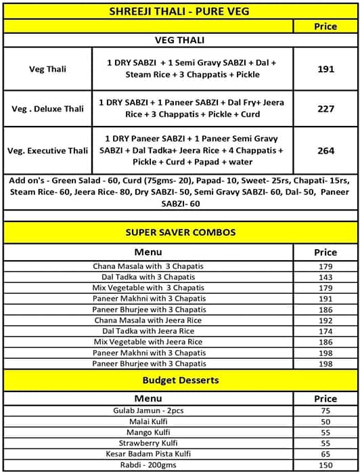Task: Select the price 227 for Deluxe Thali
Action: click(x=325, y=108)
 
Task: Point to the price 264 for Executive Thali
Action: click(x=325, y=150)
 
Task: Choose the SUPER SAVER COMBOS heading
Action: click(x=180, y=232)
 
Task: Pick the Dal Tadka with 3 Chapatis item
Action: click(x=148, y=277)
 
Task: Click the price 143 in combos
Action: click(x=325, y=277)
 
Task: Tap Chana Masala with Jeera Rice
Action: click(x=148, y=320)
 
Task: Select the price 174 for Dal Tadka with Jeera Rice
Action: click(x=325, y=331)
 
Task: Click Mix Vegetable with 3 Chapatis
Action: click(x=148, y=288)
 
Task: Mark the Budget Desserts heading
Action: click(x=180, y=380)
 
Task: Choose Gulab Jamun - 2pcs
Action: click(x=148, y=410)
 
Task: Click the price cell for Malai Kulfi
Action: click(x=325, y=421)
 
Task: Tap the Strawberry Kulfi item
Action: click(x=148, y=443)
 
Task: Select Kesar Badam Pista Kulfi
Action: click(x=148, y=454)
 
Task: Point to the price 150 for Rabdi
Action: click(x=325, y=465)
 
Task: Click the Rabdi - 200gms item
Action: click(x=148, y=465)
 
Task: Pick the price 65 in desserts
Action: click(x=325, y=454)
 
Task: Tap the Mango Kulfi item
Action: click(x=148, y=432)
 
